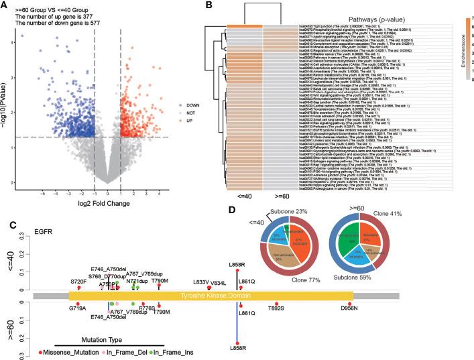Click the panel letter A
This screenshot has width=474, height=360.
5,5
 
